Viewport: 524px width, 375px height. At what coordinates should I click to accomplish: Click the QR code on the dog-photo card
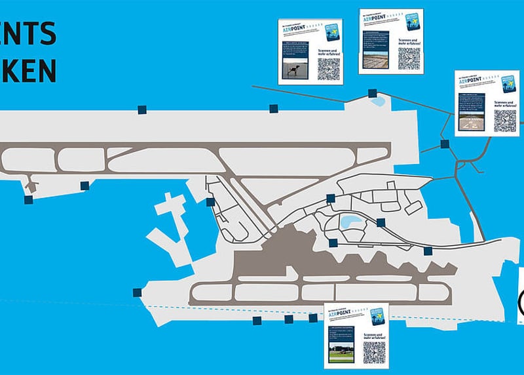329,69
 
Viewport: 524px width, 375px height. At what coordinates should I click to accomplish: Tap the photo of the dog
294,69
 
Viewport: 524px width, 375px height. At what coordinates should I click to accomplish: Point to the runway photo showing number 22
471,121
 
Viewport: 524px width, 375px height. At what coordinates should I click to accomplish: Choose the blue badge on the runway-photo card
508,83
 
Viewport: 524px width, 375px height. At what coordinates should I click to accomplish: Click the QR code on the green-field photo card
374,352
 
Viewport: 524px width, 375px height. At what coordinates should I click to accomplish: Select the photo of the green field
341,353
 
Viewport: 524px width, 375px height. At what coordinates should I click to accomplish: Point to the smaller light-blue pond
378,102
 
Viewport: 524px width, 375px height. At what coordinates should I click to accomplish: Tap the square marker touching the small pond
372,93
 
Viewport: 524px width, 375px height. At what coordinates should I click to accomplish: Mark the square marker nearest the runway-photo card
445,144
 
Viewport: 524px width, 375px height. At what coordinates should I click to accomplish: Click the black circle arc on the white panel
521,302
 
